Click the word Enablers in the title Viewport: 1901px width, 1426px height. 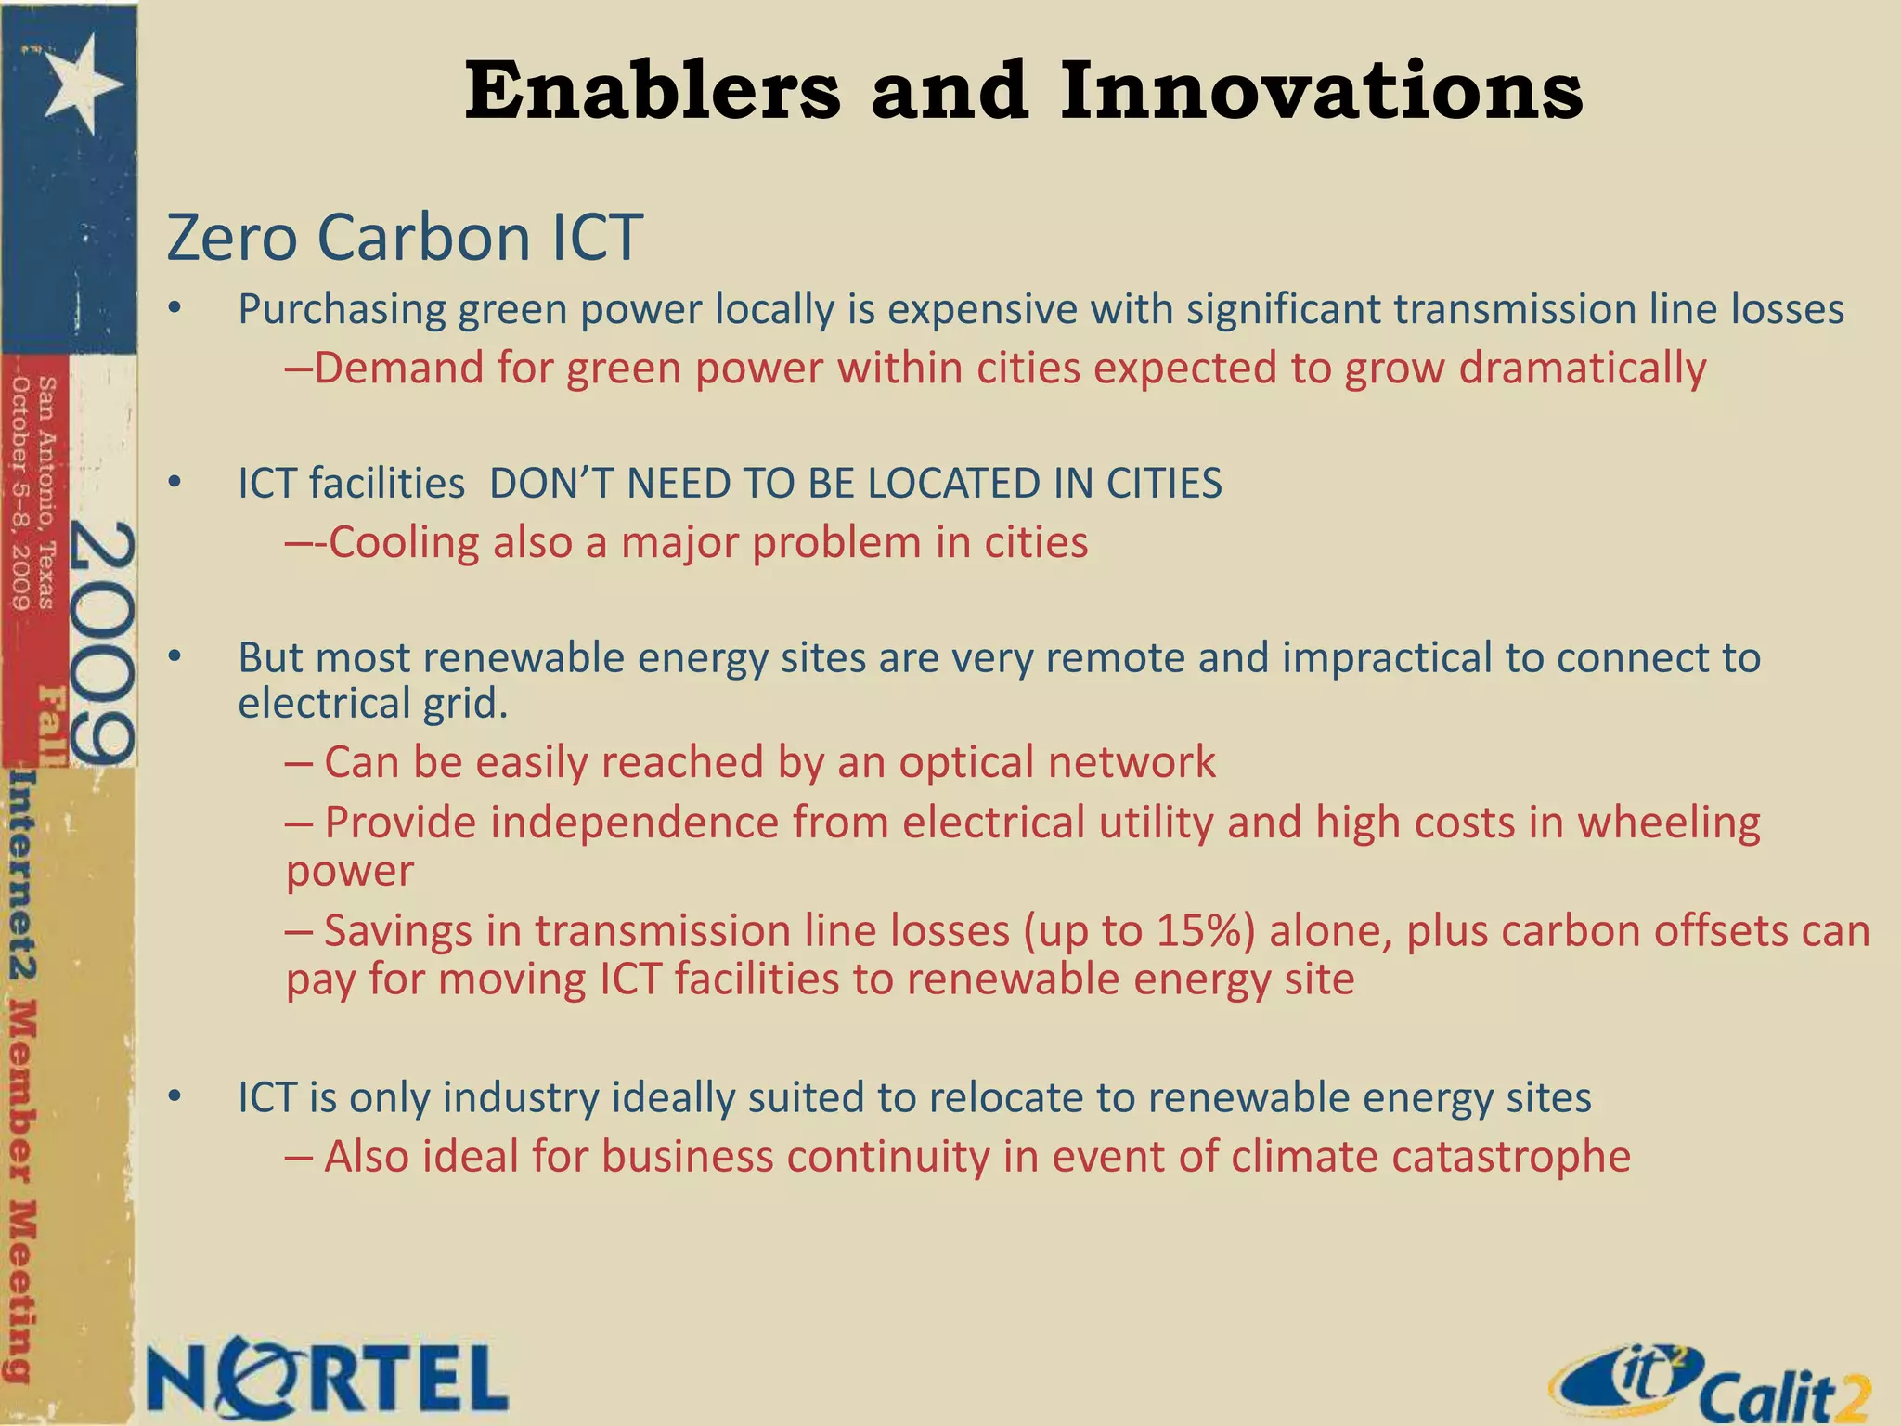652,91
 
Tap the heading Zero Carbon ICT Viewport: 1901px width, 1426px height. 405,238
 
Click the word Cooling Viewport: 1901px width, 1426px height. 404,542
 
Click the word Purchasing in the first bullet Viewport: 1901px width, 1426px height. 342,309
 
